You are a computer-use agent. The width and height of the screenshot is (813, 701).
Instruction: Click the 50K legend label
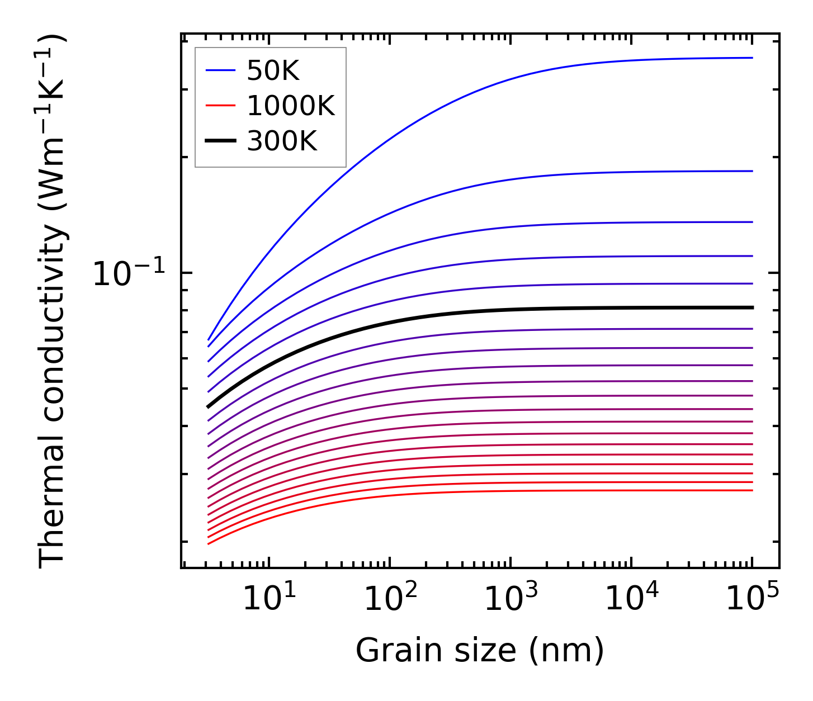[x=273, y=71]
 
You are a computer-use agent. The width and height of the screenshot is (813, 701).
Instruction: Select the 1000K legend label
[x=291, y=106]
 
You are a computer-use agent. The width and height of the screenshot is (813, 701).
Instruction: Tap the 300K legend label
[x=282, y=141]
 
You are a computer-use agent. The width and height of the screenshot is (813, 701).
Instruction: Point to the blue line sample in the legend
[x=221, y=70]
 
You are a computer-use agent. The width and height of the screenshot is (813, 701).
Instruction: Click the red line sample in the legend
[x=221, y=106]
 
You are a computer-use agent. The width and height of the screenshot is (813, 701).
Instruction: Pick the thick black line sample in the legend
[x=221, y=141]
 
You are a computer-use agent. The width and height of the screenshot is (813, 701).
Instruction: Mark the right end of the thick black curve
[x=753, y=307]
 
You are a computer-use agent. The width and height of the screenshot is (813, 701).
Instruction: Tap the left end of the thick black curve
[x=208, y=407]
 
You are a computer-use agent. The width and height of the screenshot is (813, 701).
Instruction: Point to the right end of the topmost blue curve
[x=753, y=58]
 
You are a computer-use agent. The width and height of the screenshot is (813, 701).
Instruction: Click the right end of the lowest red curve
[x=753, y=490]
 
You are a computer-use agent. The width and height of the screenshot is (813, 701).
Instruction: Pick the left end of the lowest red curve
[x=208, y=543]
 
